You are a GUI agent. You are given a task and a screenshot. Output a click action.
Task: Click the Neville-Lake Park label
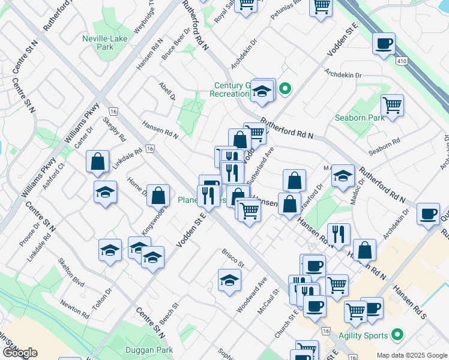[x=97, y=43]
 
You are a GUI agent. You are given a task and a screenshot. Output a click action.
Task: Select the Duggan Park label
[x=149, y=350]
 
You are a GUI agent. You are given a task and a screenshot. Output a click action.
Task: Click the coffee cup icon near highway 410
[x=384, y=44]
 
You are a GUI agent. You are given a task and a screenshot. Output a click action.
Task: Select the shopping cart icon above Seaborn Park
[x=392, y=105]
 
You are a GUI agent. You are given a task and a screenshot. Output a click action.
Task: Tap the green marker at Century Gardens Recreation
[x=286, y=90]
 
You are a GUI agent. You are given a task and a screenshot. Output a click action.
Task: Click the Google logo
[x=20, y=353]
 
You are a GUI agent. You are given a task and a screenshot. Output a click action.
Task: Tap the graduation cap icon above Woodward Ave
[x=229, y=280]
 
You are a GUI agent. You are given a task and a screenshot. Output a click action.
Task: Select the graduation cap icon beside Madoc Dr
[x=342, y=175]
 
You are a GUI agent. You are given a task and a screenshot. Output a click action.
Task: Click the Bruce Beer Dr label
[x=176, y=44]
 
